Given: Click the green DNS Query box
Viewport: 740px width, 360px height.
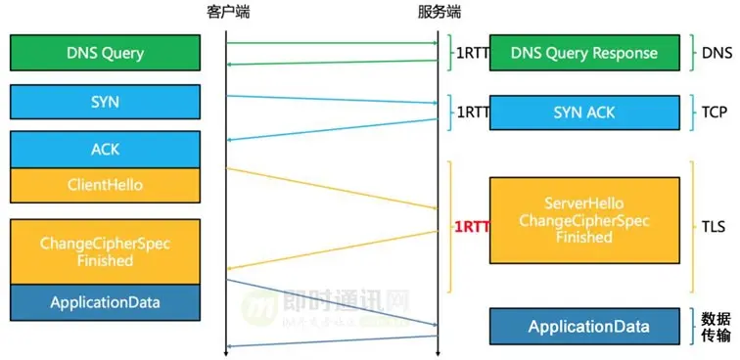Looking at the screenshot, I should pyautogui.click(x=105, y=52).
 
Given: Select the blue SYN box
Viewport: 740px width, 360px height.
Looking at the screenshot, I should pyautogui.click(x=105, y=102).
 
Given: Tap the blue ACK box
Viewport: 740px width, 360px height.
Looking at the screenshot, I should pyautogui.click(x=105, y=149).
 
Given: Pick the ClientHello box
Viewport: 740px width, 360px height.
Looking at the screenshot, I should pyautogui.click(x=105, y=184).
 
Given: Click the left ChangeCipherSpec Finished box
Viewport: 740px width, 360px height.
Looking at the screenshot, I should pyautogui.click(x=105, y=251).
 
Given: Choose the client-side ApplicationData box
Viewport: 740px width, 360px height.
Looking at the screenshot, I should pyautogui.click(x=105, y=302).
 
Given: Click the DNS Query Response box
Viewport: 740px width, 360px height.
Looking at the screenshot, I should pyautogui.click(x=583, y=53).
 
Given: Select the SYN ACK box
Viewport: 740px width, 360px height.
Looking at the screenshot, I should pyautogui.click(x=583, y=112).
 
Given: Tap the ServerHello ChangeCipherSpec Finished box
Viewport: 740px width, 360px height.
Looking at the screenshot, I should pyautogui.click(x=583, y=220).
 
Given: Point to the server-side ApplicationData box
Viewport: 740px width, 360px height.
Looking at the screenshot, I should pyautogui.click(x=583, y=326).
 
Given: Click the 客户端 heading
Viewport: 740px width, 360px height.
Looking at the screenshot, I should pyautogui.click(x=227, y=13).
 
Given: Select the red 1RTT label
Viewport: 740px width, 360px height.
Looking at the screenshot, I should pyautogui.click(x=471, y=226).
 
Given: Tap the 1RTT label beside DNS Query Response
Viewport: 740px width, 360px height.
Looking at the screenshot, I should pyautogui.click(x=472, y=53).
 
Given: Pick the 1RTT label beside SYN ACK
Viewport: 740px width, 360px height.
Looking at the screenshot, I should pyautogui.click(x=472, y=112).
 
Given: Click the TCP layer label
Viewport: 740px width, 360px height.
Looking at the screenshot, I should pyautogui.click(x=714, y=112).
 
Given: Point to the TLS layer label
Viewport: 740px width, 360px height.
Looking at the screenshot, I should pyautogui.click(x=714, y=226).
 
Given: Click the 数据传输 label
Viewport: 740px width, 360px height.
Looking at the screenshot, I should pyautogui.click(x=716, y=327).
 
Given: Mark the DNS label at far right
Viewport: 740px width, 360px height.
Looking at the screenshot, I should pyautogui.click(x=716, y=53).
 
